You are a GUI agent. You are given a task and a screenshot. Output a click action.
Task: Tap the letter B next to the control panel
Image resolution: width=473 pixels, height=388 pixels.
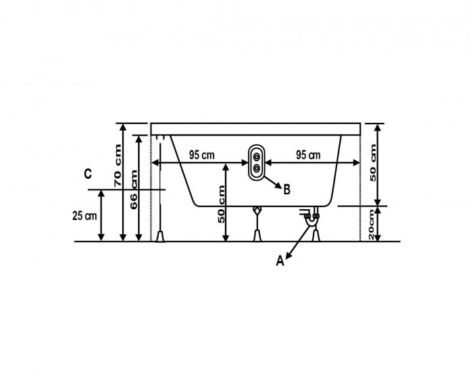tap(287, 190)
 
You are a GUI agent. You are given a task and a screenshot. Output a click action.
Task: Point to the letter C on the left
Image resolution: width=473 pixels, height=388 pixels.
tap(88, 174)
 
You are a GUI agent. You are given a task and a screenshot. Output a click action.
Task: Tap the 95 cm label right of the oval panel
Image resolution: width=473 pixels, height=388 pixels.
tap(308, 155)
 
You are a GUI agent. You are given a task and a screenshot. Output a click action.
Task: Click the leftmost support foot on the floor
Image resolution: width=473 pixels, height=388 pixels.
tap(161, 235)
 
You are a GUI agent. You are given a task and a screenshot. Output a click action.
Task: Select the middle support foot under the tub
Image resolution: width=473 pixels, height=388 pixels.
tap(257, 235)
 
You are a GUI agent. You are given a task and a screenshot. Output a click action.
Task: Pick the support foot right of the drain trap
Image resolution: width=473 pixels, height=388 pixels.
tap(316, 235)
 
